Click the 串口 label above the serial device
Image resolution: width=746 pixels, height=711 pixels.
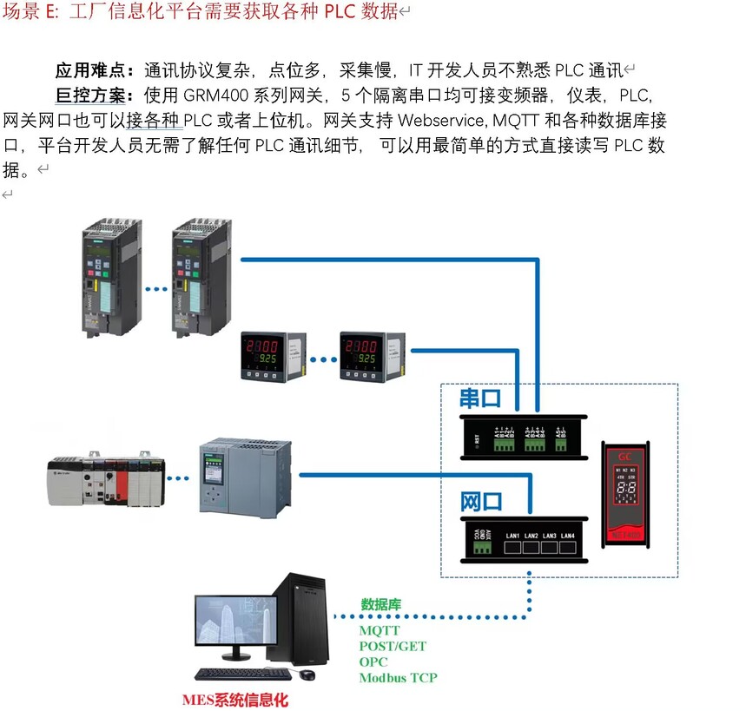(481, 398)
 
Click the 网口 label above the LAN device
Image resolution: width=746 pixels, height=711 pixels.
(481, 502)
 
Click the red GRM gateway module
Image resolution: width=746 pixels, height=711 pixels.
(630, 495)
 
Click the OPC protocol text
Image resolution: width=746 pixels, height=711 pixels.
(373, 662)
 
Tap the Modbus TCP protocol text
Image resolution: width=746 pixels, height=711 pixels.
(399, 678)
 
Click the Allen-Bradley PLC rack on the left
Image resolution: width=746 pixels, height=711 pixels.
(102, 480)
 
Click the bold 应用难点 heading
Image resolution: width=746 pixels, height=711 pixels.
(95, 71)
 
